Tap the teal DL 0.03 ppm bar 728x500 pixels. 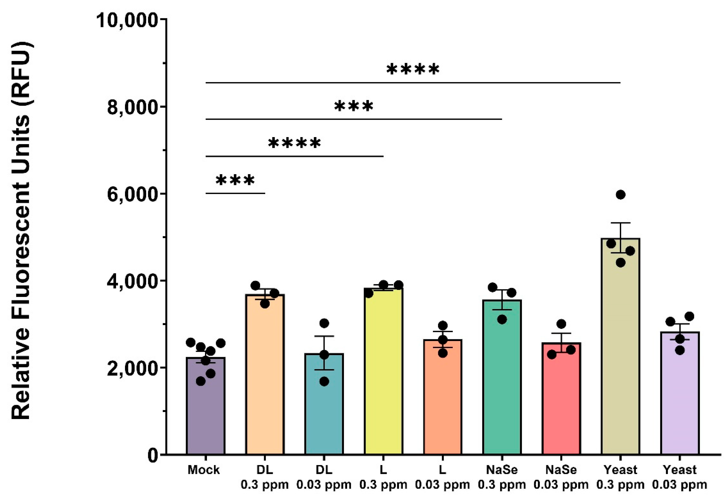[x=324, y=407]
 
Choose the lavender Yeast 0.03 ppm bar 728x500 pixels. [x=679, y=395]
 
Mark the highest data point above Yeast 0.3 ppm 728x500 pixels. [x=620, y=195]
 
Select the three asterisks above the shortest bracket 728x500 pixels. [x=235, y=181]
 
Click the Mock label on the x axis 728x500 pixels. [x=204, y=470]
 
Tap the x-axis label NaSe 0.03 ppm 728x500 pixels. [x=561, y=477]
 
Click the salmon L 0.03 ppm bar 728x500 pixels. [x=442, y=398]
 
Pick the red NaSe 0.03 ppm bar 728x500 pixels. [x=561, y=401]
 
